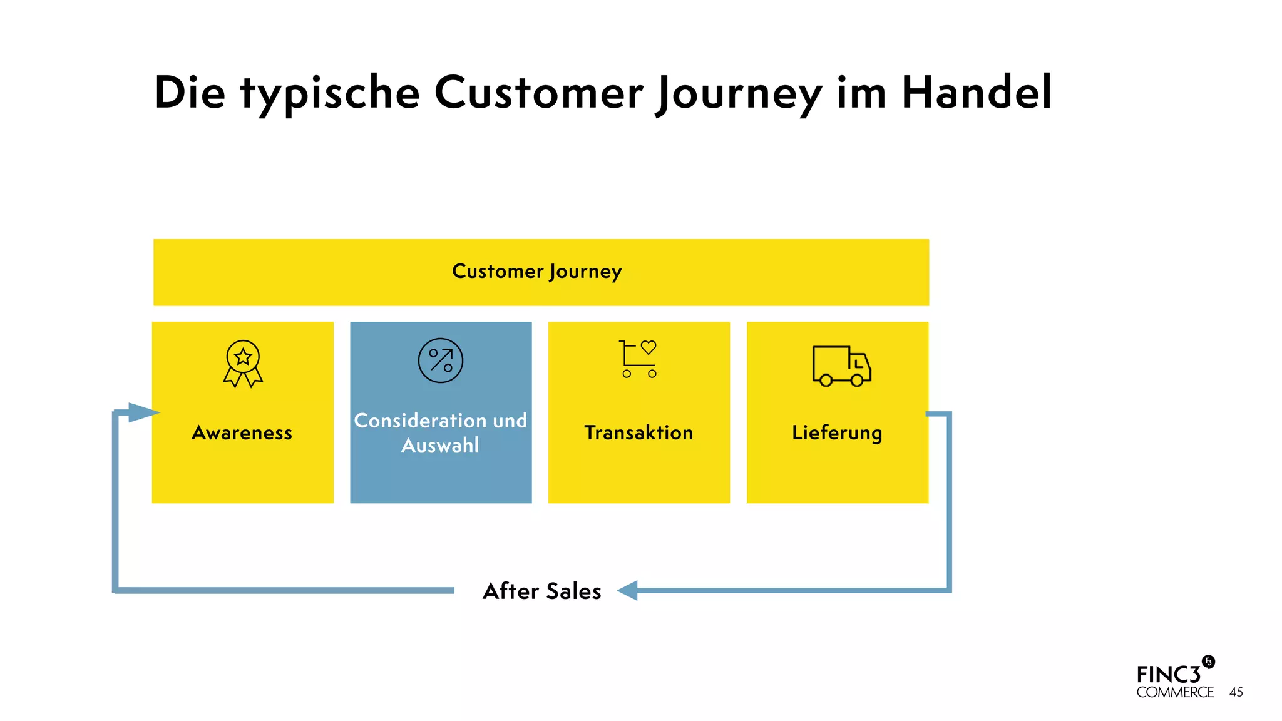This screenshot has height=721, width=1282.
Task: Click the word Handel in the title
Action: [x=976, y=93]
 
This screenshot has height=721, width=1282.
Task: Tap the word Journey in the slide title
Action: [x=739, y=94]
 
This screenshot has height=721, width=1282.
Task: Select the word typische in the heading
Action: [x=330, y=94]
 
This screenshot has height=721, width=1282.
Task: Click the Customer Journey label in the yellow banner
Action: [x=536, y=272]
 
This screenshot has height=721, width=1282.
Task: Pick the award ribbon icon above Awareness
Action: [x=243, y=364]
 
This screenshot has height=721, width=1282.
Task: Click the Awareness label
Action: [x=242, y=432]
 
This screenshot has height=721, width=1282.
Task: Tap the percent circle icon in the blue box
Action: [x=441, y=360]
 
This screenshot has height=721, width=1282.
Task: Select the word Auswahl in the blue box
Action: [x=440, y=446]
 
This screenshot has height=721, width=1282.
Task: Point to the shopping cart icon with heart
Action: [x=638, y=359]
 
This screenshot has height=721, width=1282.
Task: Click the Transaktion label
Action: [x=638, y=432]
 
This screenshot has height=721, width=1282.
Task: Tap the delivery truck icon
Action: [x=841, y=366]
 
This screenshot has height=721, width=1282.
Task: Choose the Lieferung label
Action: [x=837, y=432]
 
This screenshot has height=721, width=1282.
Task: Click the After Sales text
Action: [x=542, y=591]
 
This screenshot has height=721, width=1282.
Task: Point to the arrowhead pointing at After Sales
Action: [x=627, y=590]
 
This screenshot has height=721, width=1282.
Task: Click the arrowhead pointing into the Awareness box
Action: [x=143, y=412]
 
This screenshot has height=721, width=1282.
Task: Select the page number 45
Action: [x=1236, y=692]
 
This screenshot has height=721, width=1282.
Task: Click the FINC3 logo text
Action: [x=1168, y=675]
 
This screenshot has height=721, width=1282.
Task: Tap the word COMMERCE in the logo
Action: [x=1175, y=692]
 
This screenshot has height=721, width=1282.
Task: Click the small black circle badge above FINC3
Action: [x=1208, y=662]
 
